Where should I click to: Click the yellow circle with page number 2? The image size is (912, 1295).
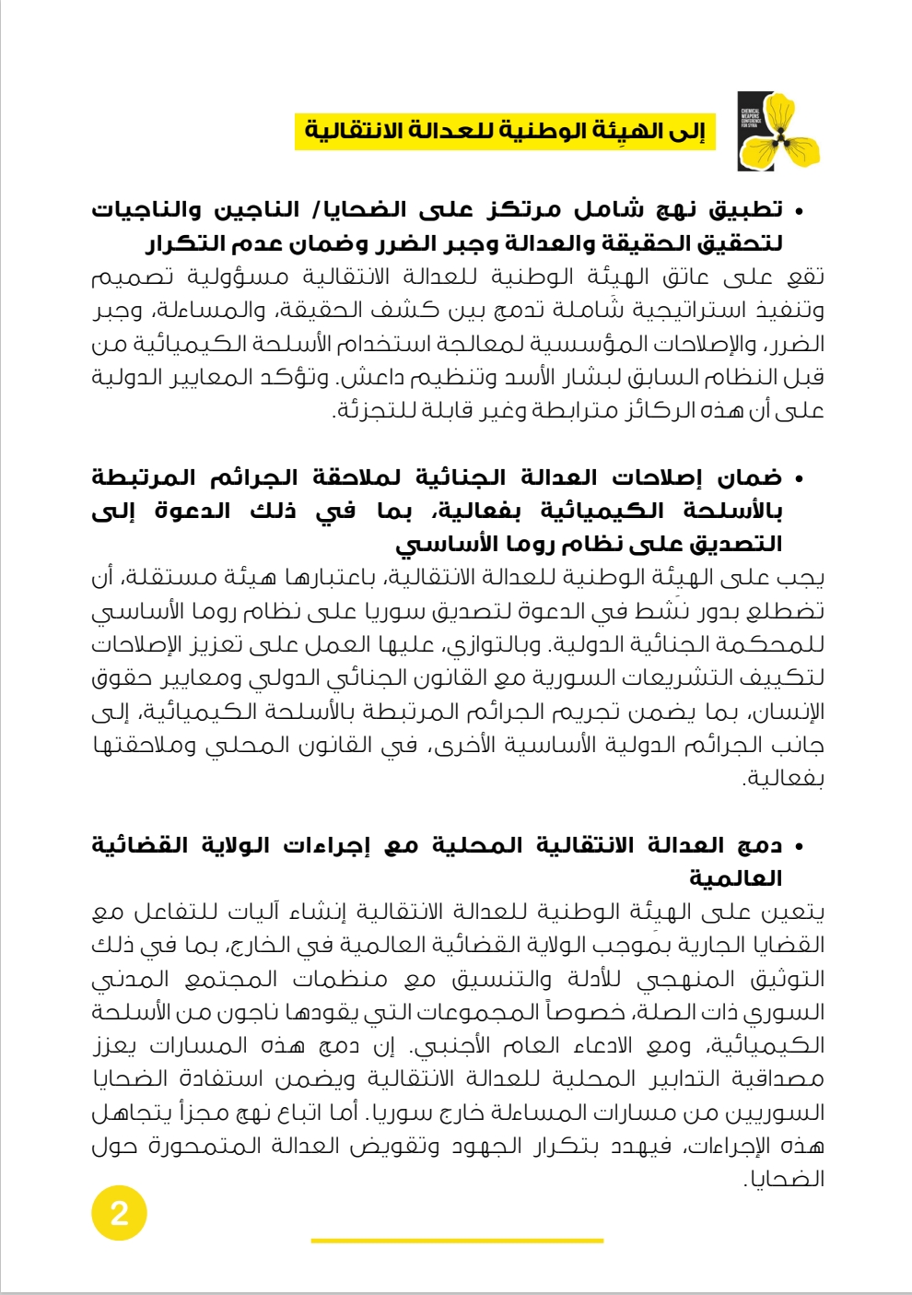(119, 1212)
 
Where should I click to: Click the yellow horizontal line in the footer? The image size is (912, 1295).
(457, 1241)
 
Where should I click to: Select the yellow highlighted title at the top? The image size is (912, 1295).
(505, 131)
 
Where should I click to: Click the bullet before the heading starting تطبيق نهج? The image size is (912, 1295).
(799, 212)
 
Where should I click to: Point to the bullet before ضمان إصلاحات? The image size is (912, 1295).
(799, 479)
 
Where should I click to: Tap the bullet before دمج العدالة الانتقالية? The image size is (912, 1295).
(799, 846)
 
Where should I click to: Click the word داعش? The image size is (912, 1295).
(371, 377)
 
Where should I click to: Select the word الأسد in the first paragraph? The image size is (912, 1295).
(548, 377)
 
